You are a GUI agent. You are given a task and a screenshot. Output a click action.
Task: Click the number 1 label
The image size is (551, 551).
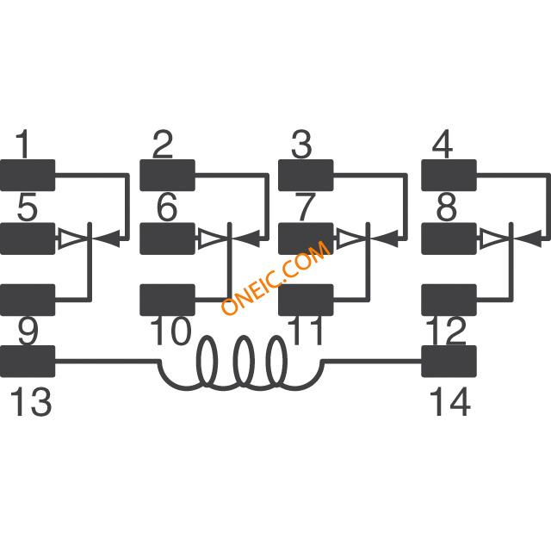[24, 144]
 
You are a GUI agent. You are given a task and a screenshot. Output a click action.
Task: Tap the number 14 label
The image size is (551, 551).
[450, 401]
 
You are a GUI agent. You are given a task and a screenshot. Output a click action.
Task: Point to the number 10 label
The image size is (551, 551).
[171, 331]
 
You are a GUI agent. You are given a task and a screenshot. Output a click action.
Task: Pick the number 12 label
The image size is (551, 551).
[446, 331]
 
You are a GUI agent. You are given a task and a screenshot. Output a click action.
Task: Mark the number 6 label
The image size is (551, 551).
[166, 207]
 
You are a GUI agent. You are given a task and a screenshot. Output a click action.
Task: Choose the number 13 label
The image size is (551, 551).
[31, 401]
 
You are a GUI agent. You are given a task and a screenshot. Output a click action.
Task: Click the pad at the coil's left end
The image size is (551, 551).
[28, 362]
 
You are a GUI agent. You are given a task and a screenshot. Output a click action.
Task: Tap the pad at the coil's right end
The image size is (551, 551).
[449, 362]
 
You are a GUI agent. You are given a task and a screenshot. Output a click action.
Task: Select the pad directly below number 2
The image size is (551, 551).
[168, 176]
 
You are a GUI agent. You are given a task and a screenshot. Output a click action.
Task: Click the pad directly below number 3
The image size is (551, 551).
[306, 176]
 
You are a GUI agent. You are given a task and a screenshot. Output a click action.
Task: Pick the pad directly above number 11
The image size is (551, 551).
[306, 300]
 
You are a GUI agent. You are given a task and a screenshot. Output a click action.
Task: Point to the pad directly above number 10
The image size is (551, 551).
[168, 300]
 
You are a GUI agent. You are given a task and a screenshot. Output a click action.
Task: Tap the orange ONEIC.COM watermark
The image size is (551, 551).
[275, 277]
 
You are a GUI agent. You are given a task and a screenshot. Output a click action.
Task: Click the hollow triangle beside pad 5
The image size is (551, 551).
[72, 239]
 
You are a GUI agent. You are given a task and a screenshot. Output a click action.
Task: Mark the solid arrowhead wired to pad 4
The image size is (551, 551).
[528, 239]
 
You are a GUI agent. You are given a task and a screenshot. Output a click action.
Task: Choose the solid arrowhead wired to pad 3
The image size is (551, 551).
[385, 239]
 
